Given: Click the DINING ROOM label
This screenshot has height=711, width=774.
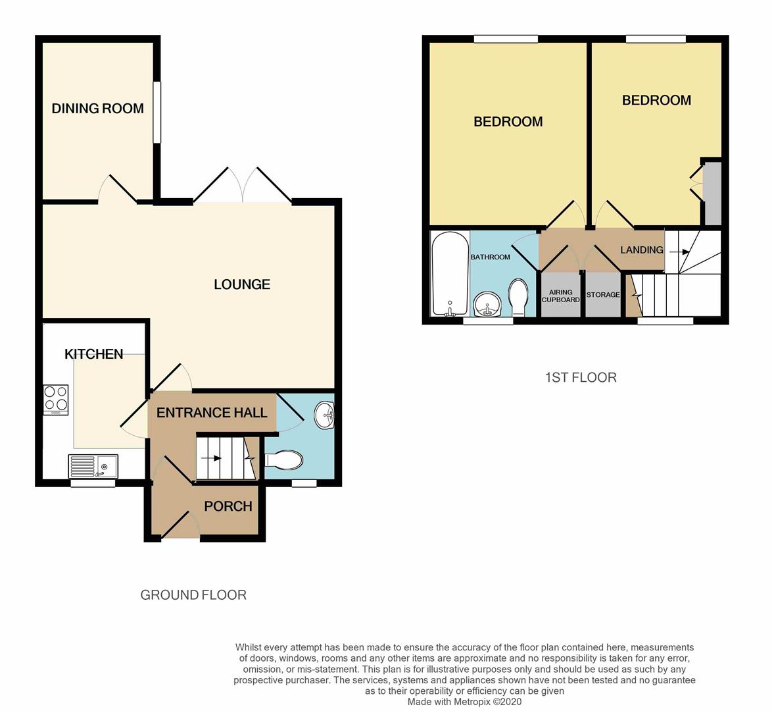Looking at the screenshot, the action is click(x=98, y=108).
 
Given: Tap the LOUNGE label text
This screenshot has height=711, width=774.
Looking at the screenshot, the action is click(x=242, y=284).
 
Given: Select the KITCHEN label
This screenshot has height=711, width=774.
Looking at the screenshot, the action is click(x=94, y=354).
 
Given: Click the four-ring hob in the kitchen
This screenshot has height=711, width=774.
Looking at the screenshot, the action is click(x=56, y=400).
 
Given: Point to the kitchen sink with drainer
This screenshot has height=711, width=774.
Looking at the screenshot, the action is click(x=93, y=466).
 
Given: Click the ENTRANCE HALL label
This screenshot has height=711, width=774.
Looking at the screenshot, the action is click(x=212, y=413).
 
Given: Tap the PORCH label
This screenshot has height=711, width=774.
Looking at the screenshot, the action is click(x=228, y=506).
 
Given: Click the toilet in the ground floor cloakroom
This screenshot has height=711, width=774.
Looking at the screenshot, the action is click(x=284, y=460).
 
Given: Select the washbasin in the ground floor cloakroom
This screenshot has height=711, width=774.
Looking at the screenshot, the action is click(x=326, y=415).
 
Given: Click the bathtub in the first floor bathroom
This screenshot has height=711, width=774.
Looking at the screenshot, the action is click(x=450, y=273).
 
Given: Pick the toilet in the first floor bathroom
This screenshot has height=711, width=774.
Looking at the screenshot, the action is click(x=518, y=298).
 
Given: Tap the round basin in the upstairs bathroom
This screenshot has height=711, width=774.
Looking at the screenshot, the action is click(x=487, y=304).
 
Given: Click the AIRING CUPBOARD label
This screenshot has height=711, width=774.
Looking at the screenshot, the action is click(x=561, y=296).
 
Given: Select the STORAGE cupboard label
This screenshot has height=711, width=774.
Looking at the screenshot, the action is click(x=603, y=294).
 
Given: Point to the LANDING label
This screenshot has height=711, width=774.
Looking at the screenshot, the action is click(x=642, y=250).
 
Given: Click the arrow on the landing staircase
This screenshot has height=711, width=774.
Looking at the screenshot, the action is click(x=680, y=252).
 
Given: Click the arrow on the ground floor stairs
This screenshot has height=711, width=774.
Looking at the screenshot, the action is click(x=211, y=458).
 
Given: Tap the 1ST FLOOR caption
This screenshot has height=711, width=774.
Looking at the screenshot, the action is click(x=581, y=377).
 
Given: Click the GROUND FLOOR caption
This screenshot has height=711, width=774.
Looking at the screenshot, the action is click(x=193, y=595).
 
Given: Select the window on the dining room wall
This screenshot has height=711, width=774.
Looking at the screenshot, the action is click(x=157, y=112).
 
